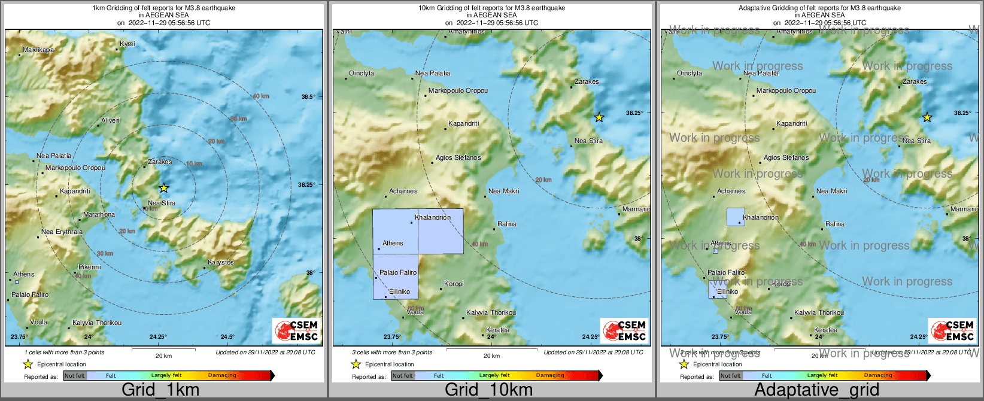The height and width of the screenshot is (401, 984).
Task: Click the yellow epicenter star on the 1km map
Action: pos(163,188)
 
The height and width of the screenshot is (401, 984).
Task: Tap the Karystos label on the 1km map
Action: pos(221,263)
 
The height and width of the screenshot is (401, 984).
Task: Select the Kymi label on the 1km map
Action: pos(127,44)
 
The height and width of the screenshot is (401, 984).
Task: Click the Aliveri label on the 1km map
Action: pos(110,120)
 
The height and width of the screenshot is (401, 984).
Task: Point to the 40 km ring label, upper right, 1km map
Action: pos(260,96)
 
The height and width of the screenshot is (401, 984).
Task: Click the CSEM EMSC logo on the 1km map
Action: pos(297,330)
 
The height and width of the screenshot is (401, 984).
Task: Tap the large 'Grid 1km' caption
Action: pos(160,390)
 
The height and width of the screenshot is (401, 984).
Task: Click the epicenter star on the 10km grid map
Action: pos(599,117)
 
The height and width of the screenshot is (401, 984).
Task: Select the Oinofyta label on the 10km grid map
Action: pos(362,73)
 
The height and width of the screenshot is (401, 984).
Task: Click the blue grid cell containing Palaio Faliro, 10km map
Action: pos(396,277)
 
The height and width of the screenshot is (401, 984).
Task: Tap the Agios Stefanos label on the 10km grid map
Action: pos(458,157)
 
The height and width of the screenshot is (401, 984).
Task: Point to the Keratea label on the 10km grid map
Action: pos(497,330)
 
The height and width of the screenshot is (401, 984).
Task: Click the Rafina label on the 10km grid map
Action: pos(506,224)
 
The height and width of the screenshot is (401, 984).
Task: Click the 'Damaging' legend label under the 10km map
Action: pos(550,375)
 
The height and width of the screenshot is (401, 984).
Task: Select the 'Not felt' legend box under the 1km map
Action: pos(75,375)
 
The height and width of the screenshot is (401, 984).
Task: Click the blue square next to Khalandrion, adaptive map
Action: pos(736,217)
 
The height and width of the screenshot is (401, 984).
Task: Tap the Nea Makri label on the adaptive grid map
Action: pos(831,191)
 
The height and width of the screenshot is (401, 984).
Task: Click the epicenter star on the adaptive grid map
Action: pos(927,117)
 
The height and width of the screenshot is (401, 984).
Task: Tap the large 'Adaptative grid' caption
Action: pos(816,390)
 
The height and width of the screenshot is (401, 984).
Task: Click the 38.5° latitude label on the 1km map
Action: pos(308,96)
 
